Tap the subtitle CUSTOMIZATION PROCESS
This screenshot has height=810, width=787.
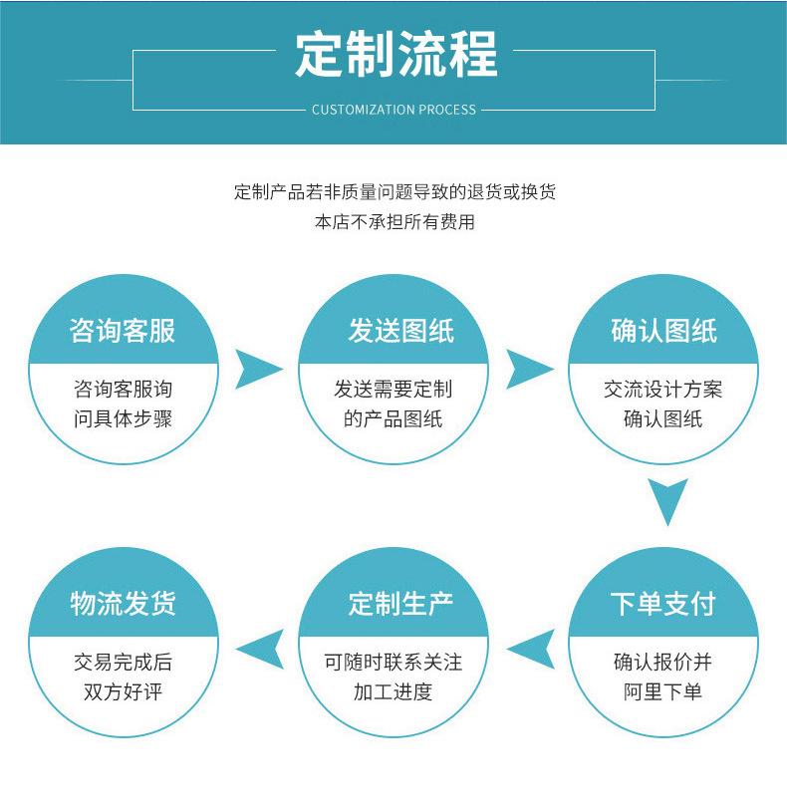click(393, 110)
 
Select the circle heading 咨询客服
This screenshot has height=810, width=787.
click(123, 331)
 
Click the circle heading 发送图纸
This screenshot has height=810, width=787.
click(393, 331)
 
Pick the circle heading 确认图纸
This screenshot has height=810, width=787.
click(663, 331)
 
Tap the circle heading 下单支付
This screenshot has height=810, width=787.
click(663, 604)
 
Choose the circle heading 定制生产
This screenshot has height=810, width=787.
click(393, 604)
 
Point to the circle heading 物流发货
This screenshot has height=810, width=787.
click(123, 604)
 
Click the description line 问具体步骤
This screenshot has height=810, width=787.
click(123, 418)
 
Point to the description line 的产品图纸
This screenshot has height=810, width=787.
click(393, 418)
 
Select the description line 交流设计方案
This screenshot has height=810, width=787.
click(663, 390)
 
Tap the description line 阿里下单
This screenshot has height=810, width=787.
click(663, 691)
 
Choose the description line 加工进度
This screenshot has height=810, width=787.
click(393, 691)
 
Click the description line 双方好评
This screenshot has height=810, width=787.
click(123, 691)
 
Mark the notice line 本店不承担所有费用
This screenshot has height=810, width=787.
click(394, 222)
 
